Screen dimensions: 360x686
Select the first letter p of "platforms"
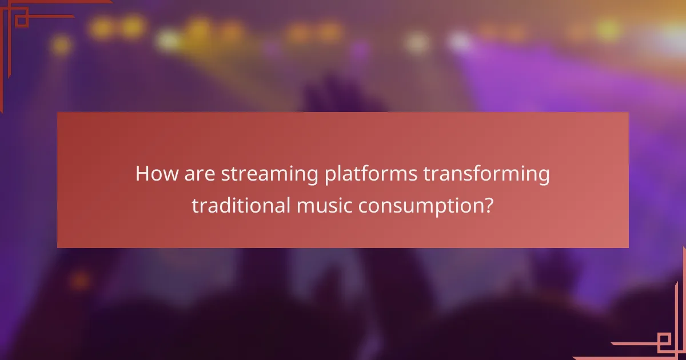[x=329, y=177]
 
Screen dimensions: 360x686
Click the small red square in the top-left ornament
[x=22, y=21]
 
